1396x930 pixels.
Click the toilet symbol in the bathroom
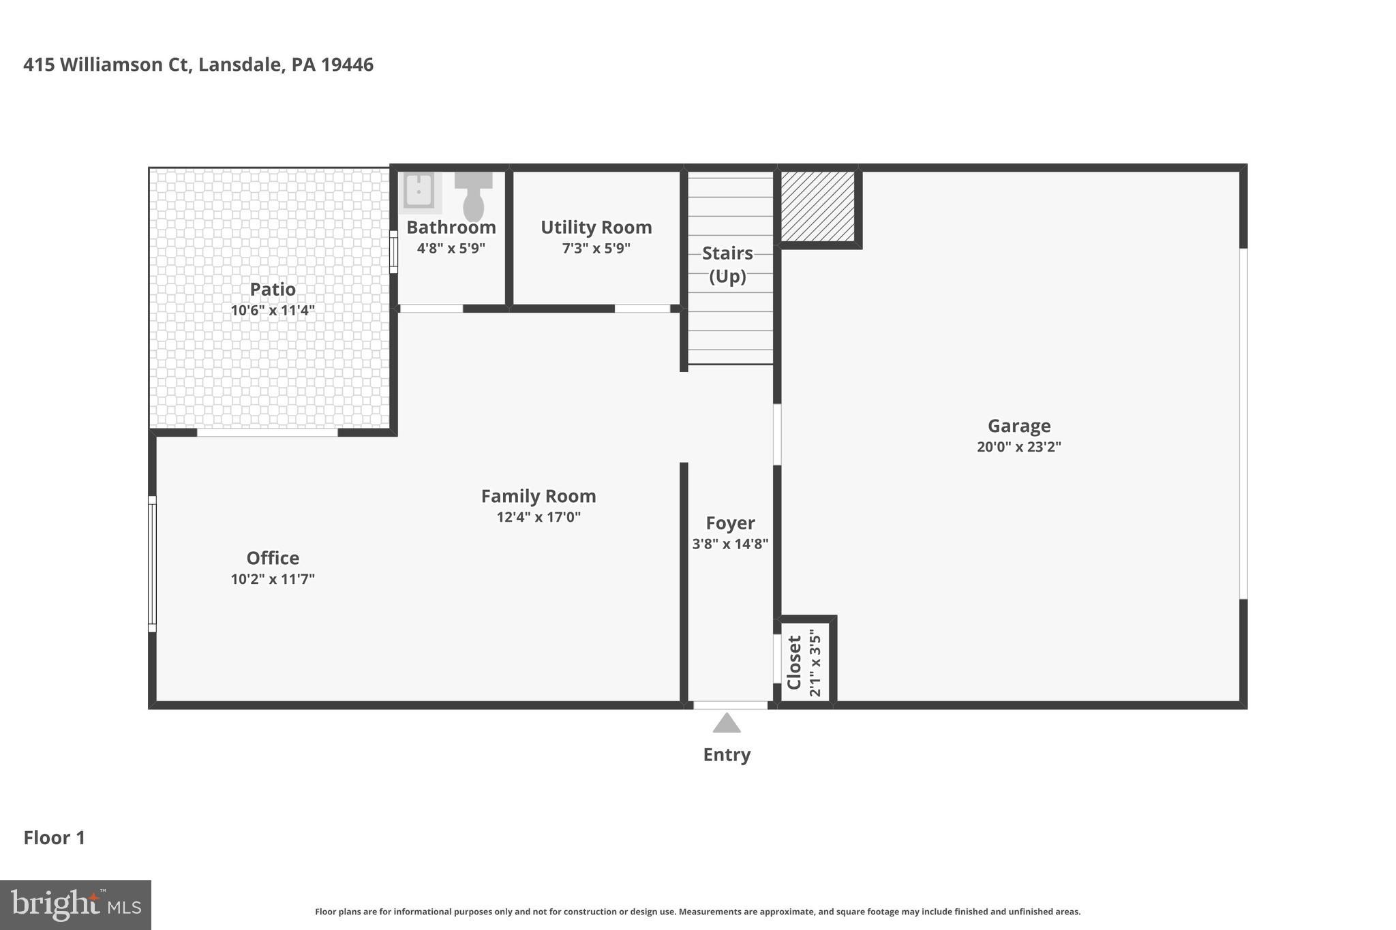point(473,196)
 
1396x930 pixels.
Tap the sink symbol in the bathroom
point(418,191)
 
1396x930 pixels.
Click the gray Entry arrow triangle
point(727,724)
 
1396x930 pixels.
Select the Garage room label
point(1019,426)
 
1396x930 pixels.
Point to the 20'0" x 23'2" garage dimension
point(1019,447)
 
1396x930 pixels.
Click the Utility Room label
point(596,227)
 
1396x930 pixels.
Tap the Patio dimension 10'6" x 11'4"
point(273,311)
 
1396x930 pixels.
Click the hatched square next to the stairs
point(817,206)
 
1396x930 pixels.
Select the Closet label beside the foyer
point(794,662)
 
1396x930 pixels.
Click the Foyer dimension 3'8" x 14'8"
point(730,544)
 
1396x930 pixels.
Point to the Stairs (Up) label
point(727,264)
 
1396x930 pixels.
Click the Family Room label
point(538,496)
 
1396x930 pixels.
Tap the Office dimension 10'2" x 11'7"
point(273,579)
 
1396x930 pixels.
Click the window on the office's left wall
point(152,564)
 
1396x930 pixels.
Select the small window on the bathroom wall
point(393,252)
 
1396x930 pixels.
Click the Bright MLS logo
point(75,905)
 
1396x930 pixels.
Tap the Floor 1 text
point(55,837)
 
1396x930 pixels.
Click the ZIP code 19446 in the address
point(347,65)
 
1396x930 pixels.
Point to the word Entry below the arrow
point(727,754)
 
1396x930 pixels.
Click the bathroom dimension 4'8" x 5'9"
point(451,248)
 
